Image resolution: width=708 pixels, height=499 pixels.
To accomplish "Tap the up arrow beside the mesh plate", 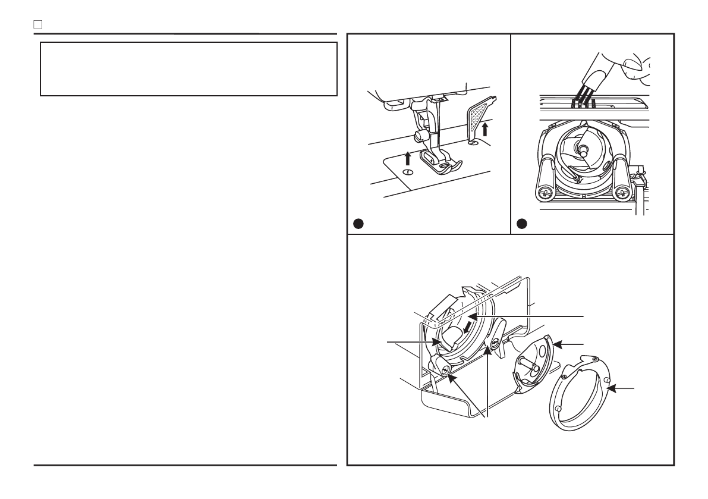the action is point(485,128).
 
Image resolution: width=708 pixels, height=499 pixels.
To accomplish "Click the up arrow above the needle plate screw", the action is point(407,158).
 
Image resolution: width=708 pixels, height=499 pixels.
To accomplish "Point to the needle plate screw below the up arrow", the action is point(407,172).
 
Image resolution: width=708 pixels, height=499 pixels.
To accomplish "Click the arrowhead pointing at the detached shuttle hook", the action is point(559,344).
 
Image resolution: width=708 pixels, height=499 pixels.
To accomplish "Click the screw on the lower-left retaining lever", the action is point(445,371).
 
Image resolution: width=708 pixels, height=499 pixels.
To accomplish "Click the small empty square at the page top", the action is point(37,26).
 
